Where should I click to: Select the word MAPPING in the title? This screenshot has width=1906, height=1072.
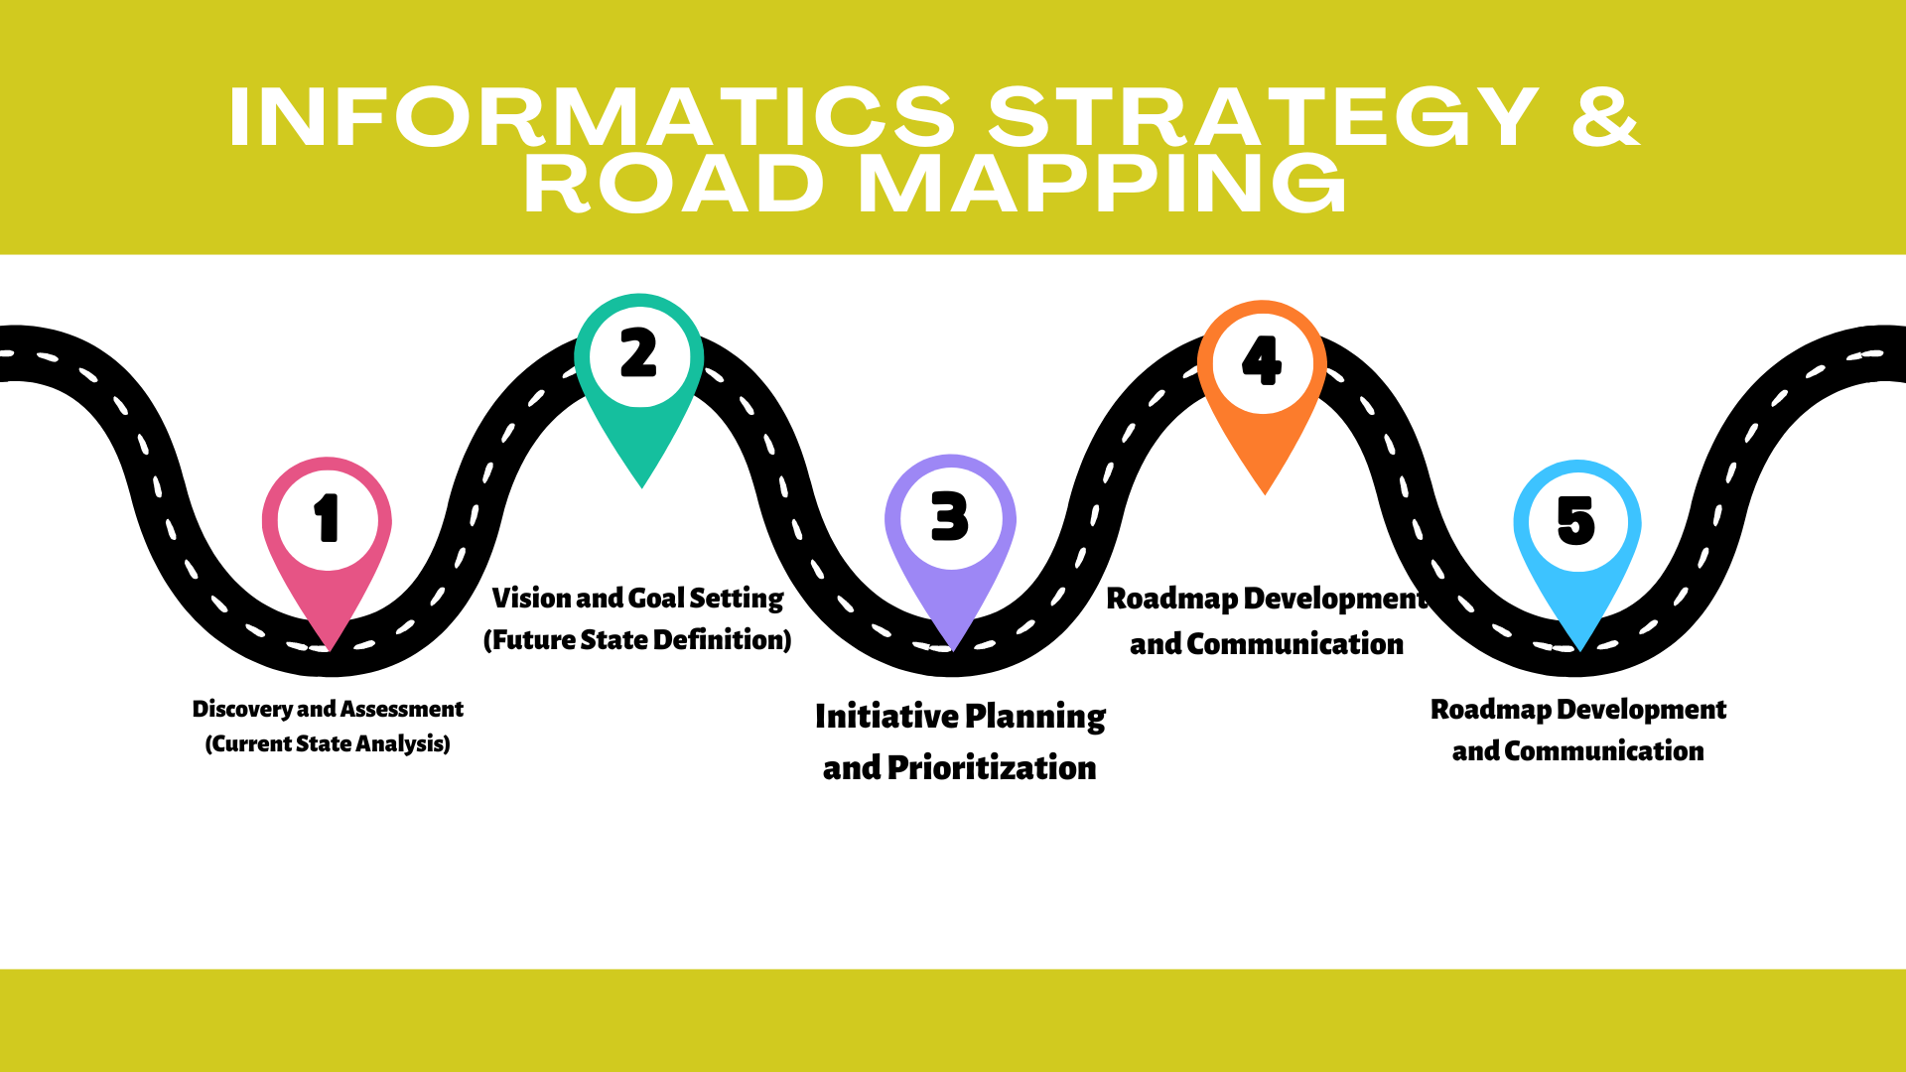1102,185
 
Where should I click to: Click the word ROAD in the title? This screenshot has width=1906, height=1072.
673,185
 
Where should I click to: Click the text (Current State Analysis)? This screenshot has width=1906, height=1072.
328,743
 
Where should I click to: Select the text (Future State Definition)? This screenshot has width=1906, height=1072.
637,640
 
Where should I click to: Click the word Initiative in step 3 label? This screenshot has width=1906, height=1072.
886,716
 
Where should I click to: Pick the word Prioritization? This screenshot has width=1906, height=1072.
992,767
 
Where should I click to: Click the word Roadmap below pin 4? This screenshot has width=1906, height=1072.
1171,599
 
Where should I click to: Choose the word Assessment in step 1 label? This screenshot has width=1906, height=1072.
402,709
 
